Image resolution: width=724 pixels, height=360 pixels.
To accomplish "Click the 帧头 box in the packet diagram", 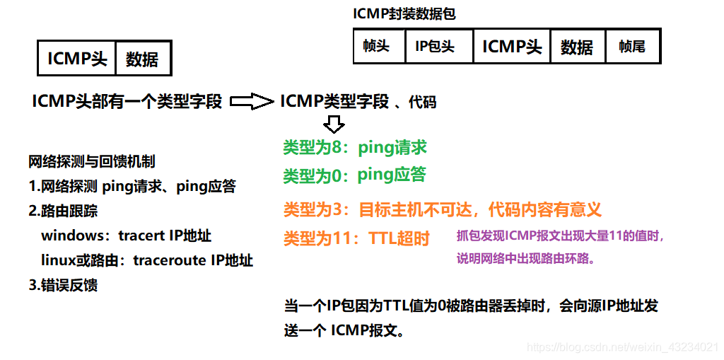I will coord(378,47).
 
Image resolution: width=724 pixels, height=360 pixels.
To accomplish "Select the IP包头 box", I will coord(435,47).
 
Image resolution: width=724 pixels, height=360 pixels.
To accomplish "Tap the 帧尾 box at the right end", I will coord(632,47).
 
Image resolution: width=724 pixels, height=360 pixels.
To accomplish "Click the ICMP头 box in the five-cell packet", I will coord(512,47).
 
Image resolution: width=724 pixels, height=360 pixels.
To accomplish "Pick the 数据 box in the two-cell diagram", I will coord(142,59).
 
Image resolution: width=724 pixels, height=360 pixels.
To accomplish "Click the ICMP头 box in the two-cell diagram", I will coord(77,59).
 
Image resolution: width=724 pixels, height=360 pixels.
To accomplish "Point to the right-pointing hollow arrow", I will coord(252,102).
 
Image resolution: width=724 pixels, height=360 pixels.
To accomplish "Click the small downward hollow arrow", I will coord(334,125).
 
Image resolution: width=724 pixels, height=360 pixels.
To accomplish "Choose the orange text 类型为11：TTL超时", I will coord(356,238).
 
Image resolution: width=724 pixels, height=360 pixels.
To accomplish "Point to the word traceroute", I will coord(168,260).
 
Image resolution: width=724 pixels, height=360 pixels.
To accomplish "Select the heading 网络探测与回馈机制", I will coord(91,161).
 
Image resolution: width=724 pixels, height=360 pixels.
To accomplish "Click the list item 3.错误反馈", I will coord(63,285).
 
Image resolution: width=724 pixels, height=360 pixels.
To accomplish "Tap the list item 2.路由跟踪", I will coord(63,211).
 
